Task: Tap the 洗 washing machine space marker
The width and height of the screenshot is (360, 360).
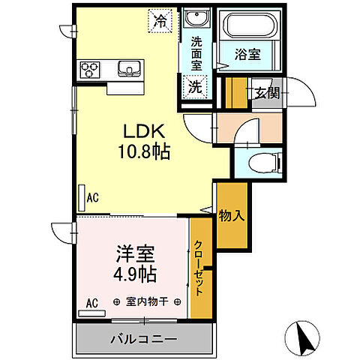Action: point(194,86)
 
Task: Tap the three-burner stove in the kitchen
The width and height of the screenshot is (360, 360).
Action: point(91,70)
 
